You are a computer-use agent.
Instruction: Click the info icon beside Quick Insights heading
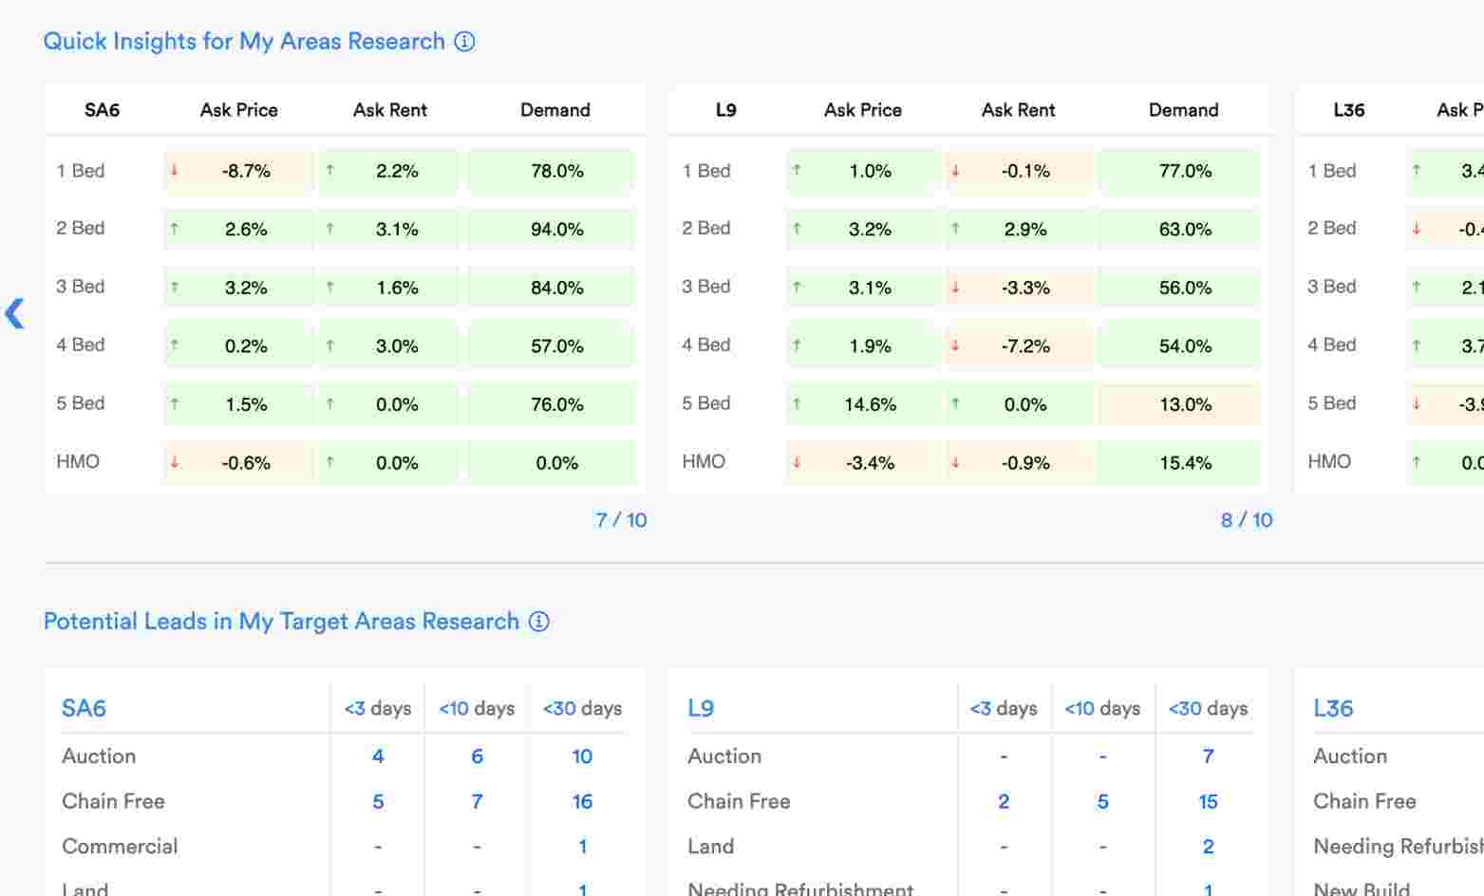pos(464,42)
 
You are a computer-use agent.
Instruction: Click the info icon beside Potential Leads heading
pos(538,622)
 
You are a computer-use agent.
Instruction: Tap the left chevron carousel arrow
pos(15,314)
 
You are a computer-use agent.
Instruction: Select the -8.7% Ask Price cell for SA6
pos(238,172)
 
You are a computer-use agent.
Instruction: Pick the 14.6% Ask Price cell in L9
pos(863,404)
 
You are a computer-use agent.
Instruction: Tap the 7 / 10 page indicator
pos(621,520)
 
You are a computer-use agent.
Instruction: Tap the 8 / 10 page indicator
pos(1246,520)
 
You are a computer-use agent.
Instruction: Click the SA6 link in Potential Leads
pos(84,708)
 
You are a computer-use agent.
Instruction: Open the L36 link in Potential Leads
pos(1332,708)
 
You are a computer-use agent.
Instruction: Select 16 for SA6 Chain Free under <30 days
pos(582,802)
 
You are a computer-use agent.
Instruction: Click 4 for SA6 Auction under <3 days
pos(378,756)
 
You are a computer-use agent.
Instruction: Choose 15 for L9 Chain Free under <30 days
pos(1208,802)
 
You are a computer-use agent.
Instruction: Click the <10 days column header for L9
pos(1102,709)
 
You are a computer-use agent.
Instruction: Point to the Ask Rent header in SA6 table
pos(389,110)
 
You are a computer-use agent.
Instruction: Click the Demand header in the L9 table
pos(1183,110)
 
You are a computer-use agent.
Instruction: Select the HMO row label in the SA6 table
pos(78,462)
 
